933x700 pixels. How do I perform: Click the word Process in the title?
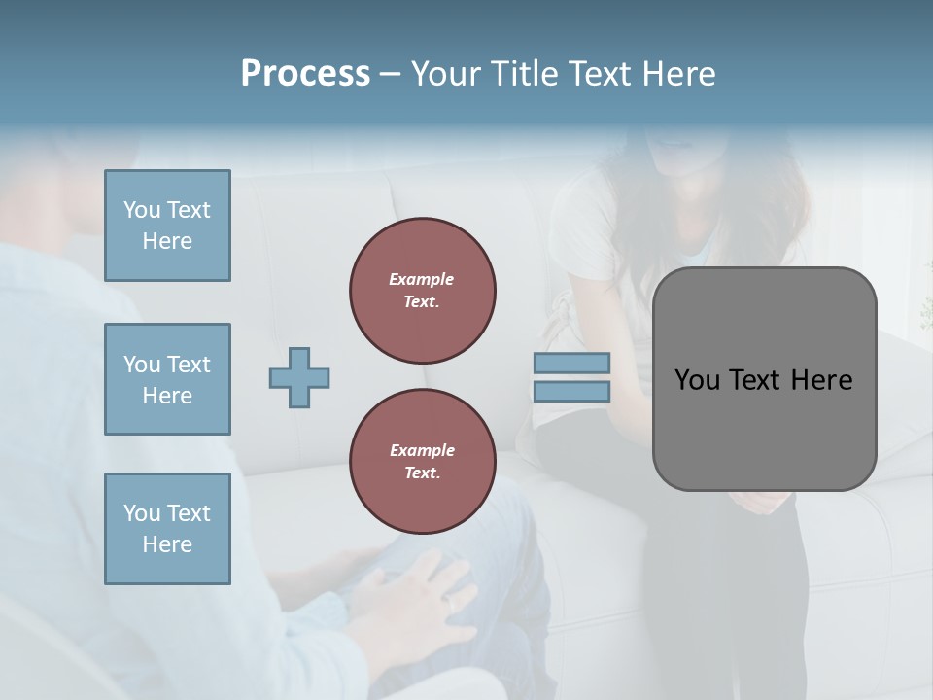(305, 74)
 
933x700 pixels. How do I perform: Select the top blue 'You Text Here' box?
(167, 226)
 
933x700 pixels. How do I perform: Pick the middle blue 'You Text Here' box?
(167, 379)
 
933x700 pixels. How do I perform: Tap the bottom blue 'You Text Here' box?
(167, 528)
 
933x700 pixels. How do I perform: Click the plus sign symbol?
(299, 377)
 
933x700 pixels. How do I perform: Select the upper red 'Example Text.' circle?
(423, 291)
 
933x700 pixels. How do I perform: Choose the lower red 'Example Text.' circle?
(423, 462)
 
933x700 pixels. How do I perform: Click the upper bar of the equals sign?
(571, 364)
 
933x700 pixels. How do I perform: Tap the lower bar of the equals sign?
(571, 391)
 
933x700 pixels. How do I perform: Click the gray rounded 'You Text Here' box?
(764, 378)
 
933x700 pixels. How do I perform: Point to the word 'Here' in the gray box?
(822, 379)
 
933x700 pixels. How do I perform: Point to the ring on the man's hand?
(450, 604)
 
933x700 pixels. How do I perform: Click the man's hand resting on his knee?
(413, 593)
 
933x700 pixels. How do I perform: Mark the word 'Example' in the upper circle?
(421, 280)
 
